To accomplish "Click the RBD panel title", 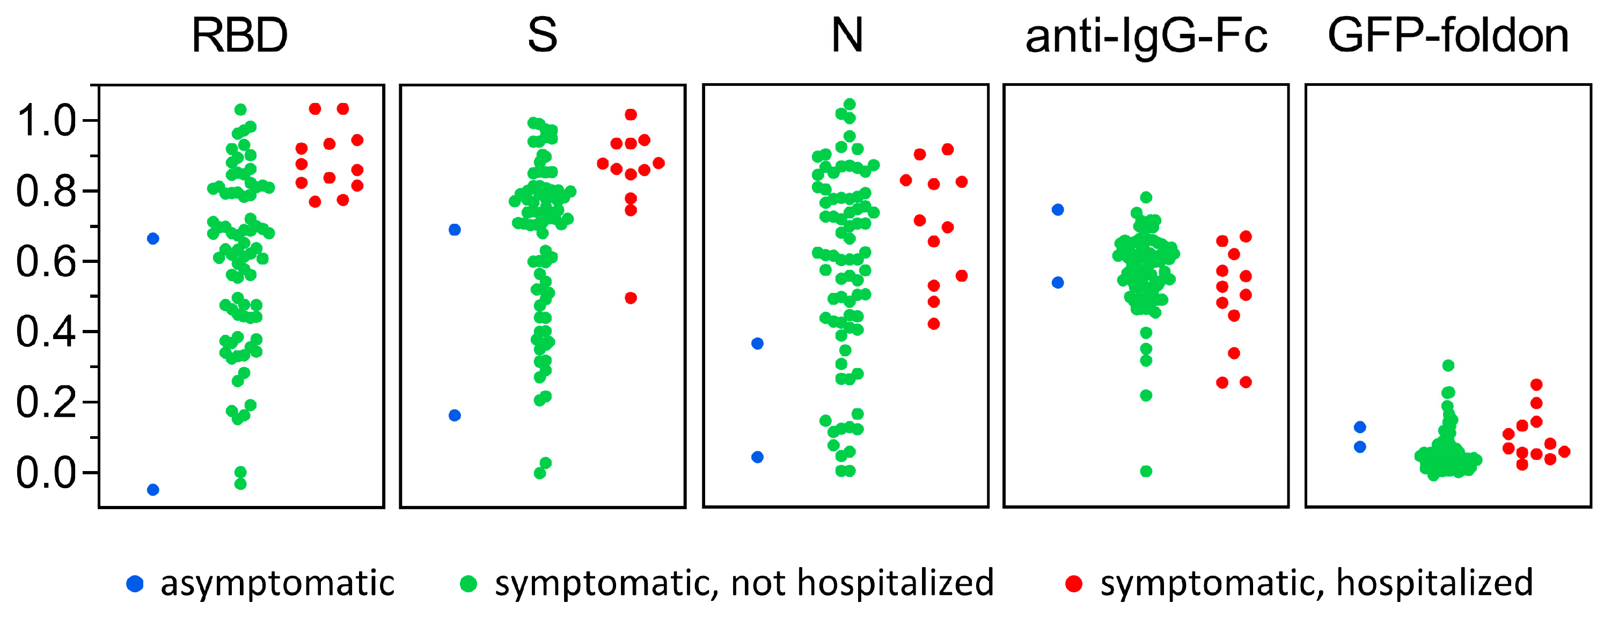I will pyautogui.click(x=239, y=35).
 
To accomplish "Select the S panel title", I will pyautogui.click(x=542, y=35).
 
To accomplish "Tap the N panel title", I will pyautogui.click(x=847, y=35).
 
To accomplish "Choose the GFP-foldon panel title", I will pyautogui.click(x=1448, y=35).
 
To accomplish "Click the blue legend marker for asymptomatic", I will pyautogui.click(x=135, y=584).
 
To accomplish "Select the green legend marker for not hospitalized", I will pyautogui.click(x=468, y=584).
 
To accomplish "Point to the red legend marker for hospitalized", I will pyautogui.click(x=1074, y=584).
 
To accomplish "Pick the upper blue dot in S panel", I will pyautogui.click(x=455, y=230).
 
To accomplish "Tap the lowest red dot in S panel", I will pyautogui.click(x=631, y=298).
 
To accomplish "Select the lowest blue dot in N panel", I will pyautogui.click(x=757, y=457).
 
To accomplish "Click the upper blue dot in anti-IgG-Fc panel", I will pyautogui.click(x=1058, y=210).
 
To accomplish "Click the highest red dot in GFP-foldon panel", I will pyautogui.click(x=1536, y=385).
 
